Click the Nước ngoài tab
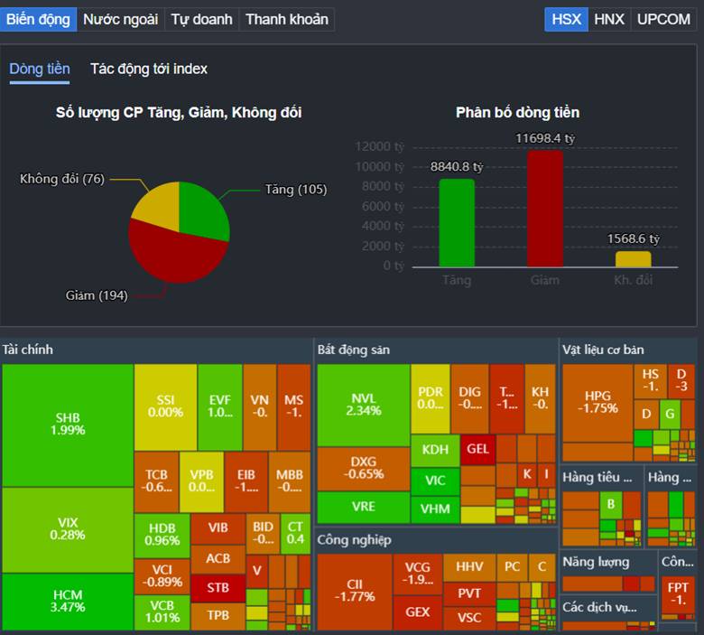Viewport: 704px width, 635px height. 120,19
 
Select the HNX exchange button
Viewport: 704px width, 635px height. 608,19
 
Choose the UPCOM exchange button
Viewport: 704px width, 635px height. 663,19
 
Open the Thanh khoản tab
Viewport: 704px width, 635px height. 286,19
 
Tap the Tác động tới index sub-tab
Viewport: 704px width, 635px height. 149,69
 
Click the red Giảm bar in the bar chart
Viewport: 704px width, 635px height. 545,208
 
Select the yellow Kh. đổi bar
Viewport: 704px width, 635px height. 633,258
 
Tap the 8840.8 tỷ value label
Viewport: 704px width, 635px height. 457,167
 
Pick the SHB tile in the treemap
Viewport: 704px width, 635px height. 68,424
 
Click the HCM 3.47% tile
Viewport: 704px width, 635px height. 68,601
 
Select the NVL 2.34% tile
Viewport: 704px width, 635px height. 363,404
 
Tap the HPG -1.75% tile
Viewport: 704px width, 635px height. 597,402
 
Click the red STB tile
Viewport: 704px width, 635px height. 218,587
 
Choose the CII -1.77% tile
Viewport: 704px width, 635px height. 354,591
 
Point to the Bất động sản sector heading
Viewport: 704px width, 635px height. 353,350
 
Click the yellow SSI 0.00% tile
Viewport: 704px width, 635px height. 165,406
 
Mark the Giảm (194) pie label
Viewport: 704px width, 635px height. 97,295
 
